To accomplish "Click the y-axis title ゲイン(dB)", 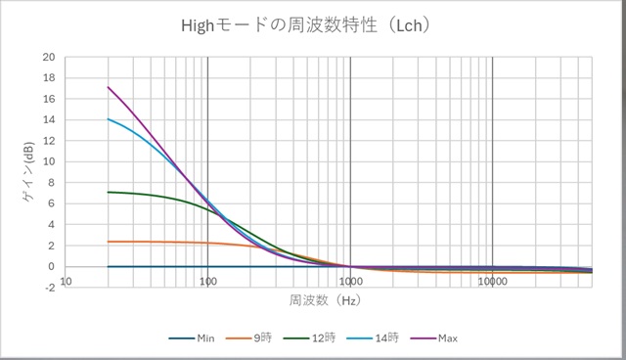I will pos(30,172).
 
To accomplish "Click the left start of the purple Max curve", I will pos(109,87).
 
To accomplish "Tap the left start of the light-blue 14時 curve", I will pos(109,119).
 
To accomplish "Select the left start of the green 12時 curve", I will pos(109,192).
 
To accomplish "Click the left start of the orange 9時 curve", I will pos(109,242).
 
